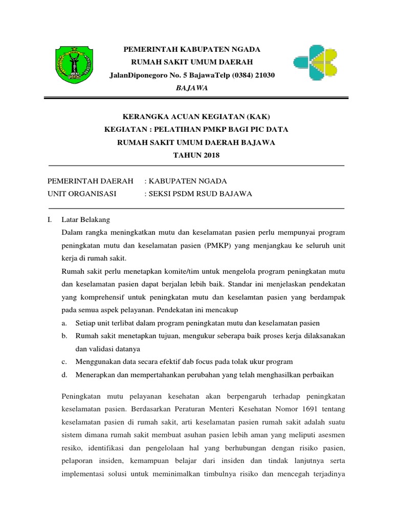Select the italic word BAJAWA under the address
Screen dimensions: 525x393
coord(192,88)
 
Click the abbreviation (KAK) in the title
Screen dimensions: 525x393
coord(256,116)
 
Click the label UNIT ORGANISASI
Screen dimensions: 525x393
coord(82,194)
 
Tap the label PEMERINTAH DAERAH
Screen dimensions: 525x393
coord(90,181)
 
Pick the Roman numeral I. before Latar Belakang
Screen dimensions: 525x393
coord(49,219)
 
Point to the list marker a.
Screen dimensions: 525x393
coord(64,323)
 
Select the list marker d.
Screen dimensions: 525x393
coord(64,374)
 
